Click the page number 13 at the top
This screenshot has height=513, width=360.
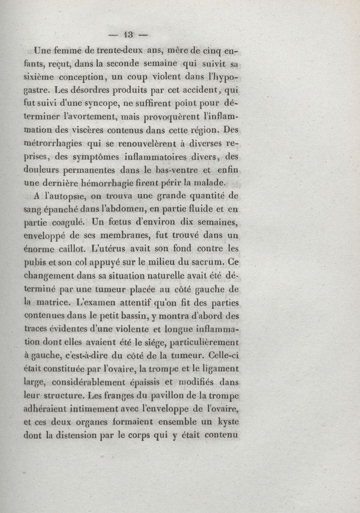130,35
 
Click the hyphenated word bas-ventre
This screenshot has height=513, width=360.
173,171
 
